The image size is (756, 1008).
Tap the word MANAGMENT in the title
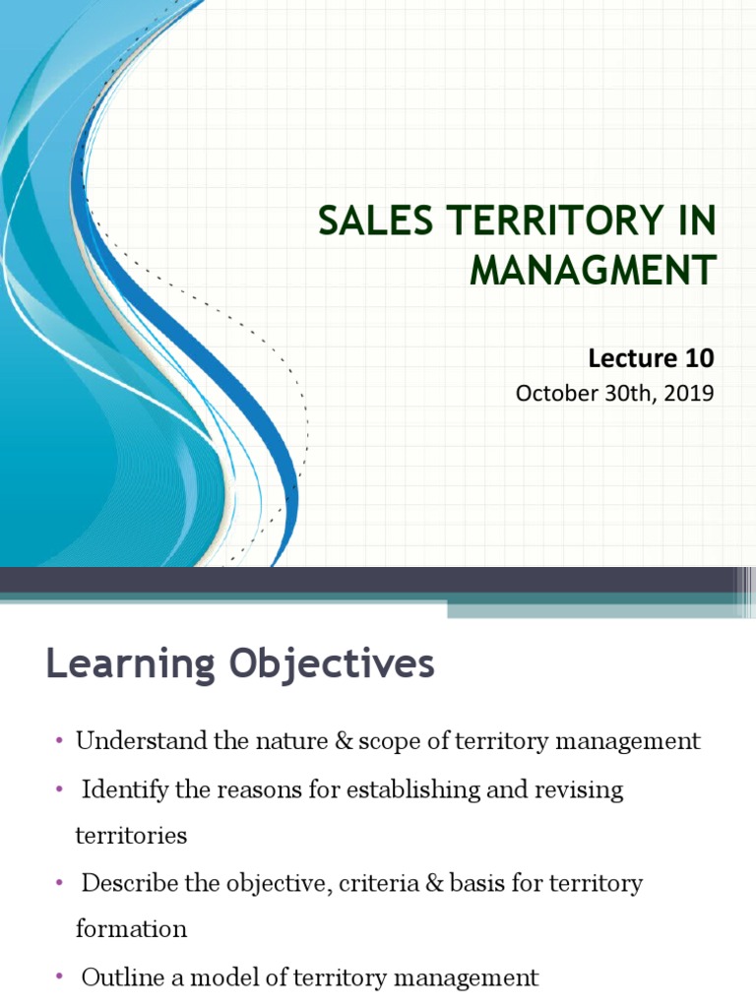[593, 270]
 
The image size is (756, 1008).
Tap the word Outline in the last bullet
[116, 977]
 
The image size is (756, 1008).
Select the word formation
[131, 928]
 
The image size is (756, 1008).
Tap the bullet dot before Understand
[59, 740]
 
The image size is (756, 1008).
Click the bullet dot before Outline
[59, 976]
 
